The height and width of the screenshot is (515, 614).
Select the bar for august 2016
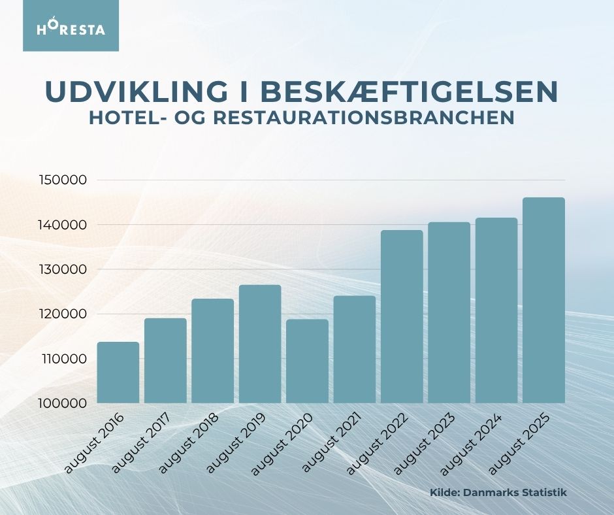pyautogui.click(x=118, y=373)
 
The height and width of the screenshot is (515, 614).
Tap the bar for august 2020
pyautogui.click(x=307, y=361)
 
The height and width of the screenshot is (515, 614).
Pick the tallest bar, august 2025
pyautogui.click(x=543, y=300)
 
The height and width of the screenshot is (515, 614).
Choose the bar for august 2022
pyautogui.click(x=402, y=316)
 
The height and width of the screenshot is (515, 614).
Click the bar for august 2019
pyautogui.click(x=260, y=344)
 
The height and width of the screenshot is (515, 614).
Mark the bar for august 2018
pyautogui.click(x=213, y=351)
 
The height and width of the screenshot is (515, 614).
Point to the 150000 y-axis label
pyautogui.click(x=64, y=180)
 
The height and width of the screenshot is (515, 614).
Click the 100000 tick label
pyautogui.click(x=64, y=403)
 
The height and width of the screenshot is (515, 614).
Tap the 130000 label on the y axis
pyautogui.click(x=64, y=269)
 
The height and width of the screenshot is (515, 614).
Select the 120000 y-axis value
pyautogui.click(x=64, y=314)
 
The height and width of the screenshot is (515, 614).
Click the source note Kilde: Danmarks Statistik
pyautogui.click(x=498, y=492)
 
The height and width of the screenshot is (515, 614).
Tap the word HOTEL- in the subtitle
pyautogui.click(x=131, y=118)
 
